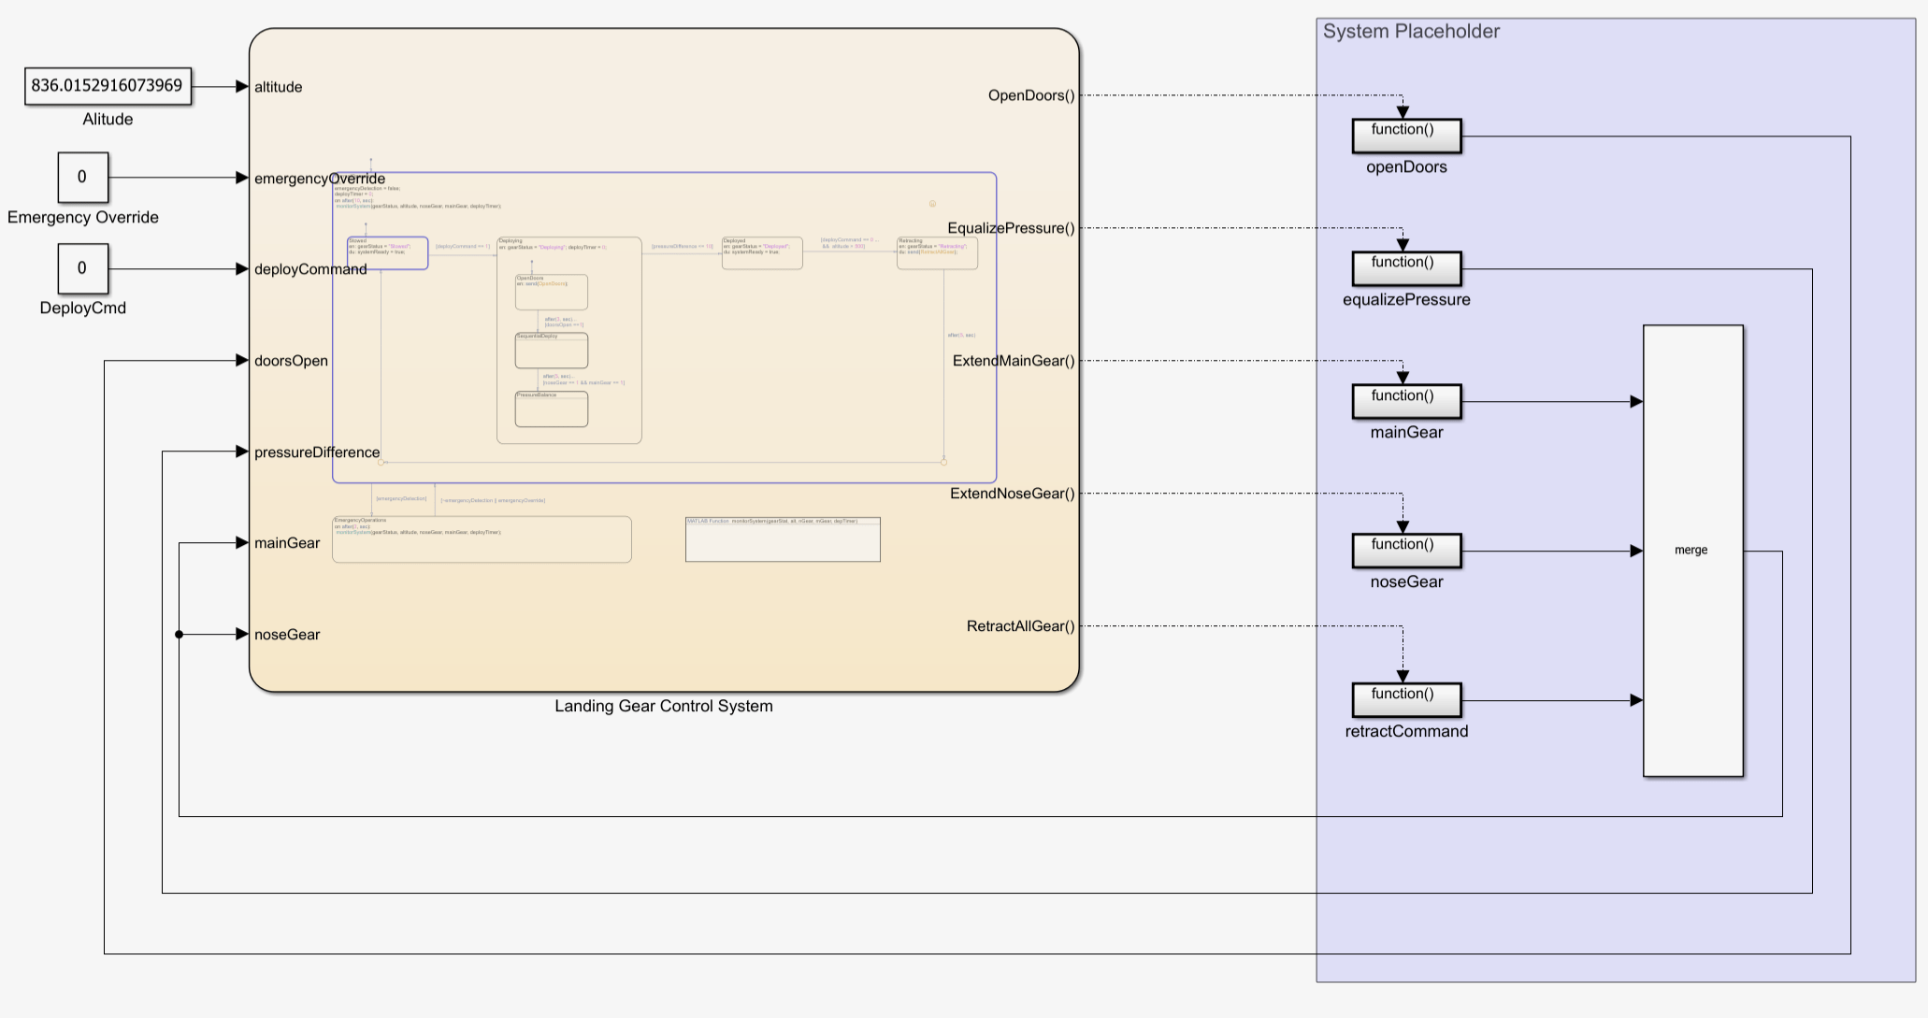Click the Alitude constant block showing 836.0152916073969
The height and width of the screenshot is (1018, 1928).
[108, 86]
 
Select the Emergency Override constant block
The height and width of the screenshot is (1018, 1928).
[82, 178]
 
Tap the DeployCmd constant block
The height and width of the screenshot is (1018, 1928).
[82, 269]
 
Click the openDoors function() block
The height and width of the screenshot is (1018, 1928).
[1406, 136]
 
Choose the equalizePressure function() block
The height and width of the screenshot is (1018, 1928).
[1406, 268]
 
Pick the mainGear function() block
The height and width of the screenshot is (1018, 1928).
[1406, 402]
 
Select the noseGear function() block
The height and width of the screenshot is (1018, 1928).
[1406, 551]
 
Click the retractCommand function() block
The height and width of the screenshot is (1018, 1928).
[1406, 700]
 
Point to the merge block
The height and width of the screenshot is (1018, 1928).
[1692, 551]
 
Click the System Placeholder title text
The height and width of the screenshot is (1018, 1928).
[1411, 32]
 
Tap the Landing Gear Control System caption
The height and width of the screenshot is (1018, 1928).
[664, 707]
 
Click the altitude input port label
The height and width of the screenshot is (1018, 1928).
[279, 87]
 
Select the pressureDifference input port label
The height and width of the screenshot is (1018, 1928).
[317, 452]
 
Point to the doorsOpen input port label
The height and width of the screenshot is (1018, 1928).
[291, 361]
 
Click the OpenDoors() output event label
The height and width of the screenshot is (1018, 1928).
[1031, 95]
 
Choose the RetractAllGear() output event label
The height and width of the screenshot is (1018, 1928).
[1020, 626]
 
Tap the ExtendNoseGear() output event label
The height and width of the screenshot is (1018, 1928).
[1013, 494]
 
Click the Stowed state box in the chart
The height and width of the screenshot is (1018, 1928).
[387, 253]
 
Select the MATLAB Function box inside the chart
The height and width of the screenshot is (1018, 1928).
[783, 539]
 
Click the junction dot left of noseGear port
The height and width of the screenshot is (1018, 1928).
[180, 635]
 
